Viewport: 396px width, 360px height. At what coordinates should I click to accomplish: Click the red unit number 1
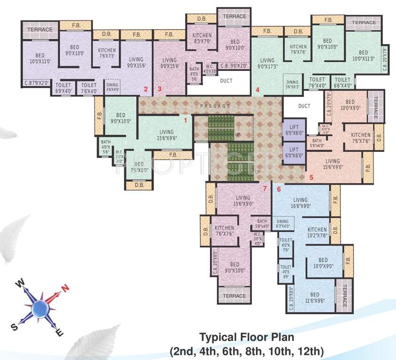pyautogui.click(x=185, y=120)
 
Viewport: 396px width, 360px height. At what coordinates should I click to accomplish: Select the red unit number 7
pyautogui.click(x=265, y=188)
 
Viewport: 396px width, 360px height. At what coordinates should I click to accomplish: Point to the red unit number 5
pyautogui.click(x=311, y=178)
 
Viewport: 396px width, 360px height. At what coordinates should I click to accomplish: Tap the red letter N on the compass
pyautogui.click(x=66, y=288)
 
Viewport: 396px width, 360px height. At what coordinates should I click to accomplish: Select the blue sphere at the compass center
pyautogui.click(x=40, y=307)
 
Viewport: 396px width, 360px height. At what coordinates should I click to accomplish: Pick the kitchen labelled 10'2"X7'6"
pyautogui.click(x=317, y=232)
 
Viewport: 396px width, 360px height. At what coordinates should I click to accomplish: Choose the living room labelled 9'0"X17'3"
pyautogui.click(x=267, y=63)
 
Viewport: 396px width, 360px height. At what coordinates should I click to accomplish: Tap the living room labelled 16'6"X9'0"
pyautogui.click(x=300, y=203)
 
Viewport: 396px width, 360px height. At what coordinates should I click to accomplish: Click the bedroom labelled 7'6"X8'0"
pyautogui.click(x=139, y=167)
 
